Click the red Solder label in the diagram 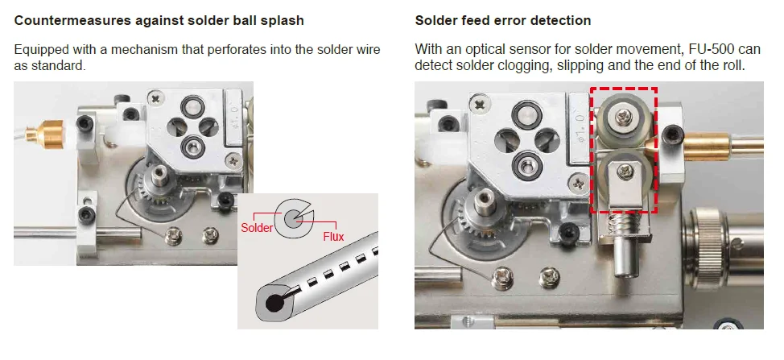(x=258, y=228)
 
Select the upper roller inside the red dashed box (x=623, y=120)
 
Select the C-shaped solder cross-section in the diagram (x=291, y=217)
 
